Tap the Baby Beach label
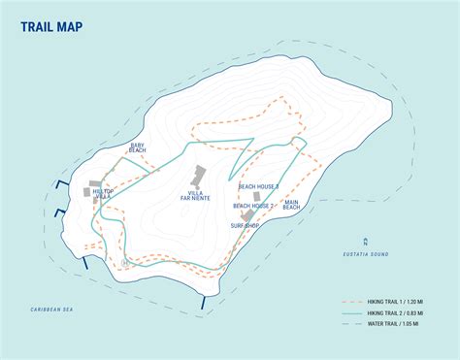tap(137, 147)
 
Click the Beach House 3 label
tap(258, 186)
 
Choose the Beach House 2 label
tap(254, 206)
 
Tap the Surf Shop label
tap(246, 226)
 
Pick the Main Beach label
tap(291, 206)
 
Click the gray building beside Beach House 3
tap(257, 196)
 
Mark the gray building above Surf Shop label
tap(247, 215)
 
